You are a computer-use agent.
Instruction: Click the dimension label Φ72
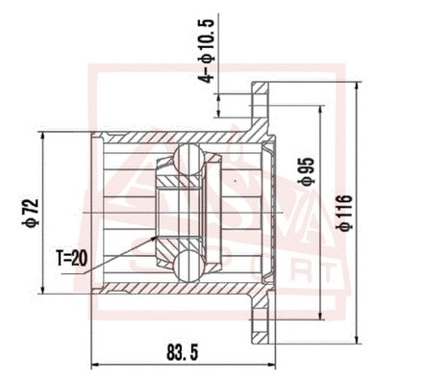pos(32,214)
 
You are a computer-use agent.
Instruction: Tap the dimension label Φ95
pos(306,172)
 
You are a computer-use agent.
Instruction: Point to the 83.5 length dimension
pos(183,353)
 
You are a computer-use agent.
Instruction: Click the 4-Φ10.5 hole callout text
pos(206,51)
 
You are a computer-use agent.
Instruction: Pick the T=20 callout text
pos(72,258)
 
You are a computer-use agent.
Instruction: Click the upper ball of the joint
pos(188,160)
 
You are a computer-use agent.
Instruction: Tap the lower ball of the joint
pos(188,267)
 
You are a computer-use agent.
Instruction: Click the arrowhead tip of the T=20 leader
pos(158,236)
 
